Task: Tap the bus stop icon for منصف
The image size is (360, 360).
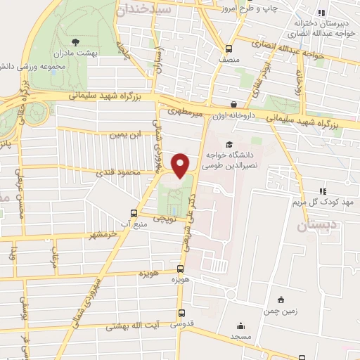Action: point(229,49)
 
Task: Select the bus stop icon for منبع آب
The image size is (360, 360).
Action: point(134,213)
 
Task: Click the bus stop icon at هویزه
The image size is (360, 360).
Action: point(181,269)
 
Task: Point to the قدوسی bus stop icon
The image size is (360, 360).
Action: point(182,314)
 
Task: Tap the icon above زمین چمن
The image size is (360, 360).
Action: point(281,300)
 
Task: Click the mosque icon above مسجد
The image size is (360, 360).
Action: point(242,326)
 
